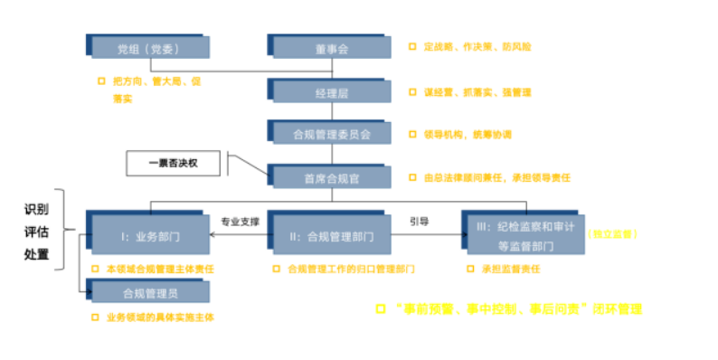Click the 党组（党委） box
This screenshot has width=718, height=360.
(149, 48)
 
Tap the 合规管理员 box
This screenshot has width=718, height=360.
(149, 292)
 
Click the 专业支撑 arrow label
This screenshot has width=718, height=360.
(240, 221)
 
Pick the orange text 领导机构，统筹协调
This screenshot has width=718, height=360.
(467, 135)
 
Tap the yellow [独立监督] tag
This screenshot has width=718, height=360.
(612, 234)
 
